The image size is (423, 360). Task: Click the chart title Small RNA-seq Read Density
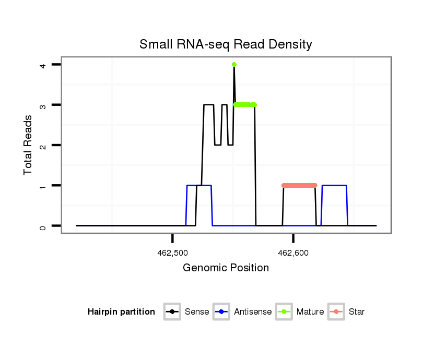226,44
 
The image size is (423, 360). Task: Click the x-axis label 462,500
172,253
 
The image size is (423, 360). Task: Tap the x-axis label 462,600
293,253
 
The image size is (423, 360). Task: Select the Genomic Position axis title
226,268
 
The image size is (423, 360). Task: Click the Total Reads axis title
28,145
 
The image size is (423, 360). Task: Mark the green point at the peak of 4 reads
234,65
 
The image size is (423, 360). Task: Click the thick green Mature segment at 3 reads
244,105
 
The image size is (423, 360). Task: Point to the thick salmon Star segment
299,185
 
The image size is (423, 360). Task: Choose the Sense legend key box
172,312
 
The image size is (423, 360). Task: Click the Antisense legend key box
222,312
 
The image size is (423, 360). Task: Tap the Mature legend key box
285,312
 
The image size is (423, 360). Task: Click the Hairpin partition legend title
121,312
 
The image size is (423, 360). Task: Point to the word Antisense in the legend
253,312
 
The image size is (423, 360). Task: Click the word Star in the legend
357,312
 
